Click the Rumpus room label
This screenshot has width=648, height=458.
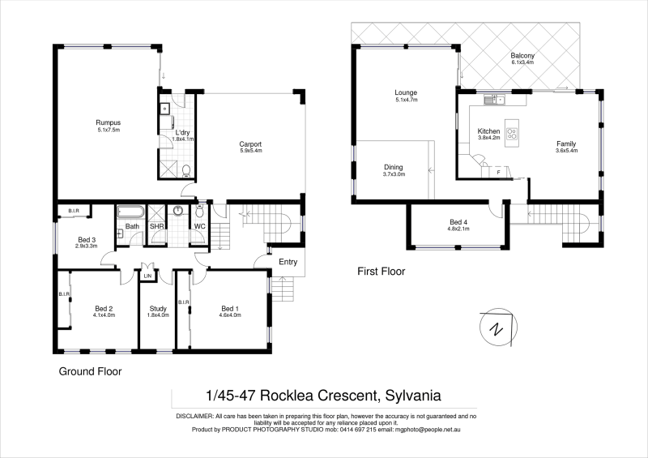tap(108, 122)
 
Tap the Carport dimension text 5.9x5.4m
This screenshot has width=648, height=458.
tap(250, 152)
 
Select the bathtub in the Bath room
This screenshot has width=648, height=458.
tap(130, 214)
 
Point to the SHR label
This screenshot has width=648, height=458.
tap(156, 227)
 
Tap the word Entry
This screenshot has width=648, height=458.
tap(288, 262)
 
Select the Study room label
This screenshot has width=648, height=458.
tap(159, 308)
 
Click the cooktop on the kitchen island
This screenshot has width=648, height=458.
tap(512, 131)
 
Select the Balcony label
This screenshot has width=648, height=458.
tap(522, 55)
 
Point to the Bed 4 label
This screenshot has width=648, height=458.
tap(459, 221)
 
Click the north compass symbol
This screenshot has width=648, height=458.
tap(495, 328)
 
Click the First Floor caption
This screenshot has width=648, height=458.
tap(381, 272)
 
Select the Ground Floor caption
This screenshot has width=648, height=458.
tap(90, 373)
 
